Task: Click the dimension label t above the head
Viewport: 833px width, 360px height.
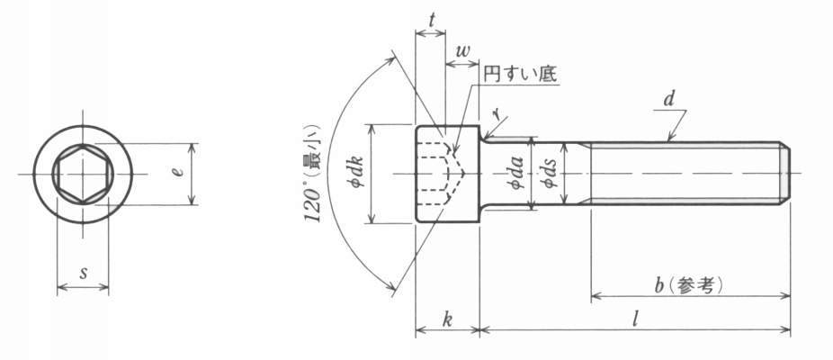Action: click(x=432, y=20)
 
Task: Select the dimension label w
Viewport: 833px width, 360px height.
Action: click(x=462, y=51)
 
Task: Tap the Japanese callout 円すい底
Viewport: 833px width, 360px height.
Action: click(x=520, y=75)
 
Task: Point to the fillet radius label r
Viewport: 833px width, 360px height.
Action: click(x=497, y=112)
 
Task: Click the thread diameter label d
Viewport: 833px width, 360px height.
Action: click(x=669, y=99)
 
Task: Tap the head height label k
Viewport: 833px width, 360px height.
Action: click(x=447, y=320)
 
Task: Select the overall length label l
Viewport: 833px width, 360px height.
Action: click(x=635, y=319)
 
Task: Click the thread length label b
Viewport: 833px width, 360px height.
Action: click(x=659, y=286)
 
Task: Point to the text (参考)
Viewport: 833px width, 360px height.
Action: click(x=696, y=286)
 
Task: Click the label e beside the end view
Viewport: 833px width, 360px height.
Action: click(x=179, y=172)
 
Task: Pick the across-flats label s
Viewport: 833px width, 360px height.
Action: click(x=83, y=274)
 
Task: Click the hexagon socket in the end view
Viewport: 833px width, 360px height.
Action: click(x=83, y=174)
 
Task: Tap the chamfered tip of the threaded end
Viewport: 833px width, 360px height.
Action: click(x=784, y=174)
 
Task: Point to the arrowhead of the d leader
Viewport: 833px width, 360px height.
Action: click(x=670, y=139)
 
